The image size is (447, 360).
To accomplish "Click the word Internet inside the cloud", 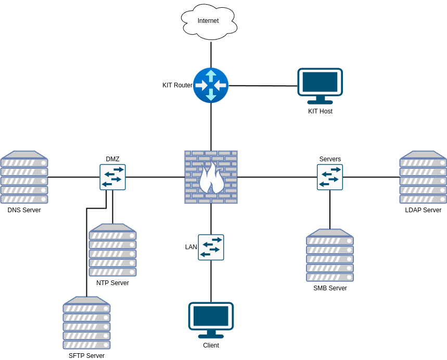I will tap(208, 21).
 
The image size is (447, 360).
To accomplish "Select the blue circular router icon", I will tap(211, 85).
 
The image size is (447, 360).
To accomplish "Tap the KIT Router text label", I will tap(177, 85).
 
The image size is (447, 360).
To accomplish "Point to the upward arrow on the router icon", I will tap(211, 75).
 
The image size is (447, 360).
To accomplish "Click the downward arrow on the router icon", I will tap(211, 95).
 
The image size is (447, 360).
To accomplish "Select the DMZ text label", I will tap(112, 159).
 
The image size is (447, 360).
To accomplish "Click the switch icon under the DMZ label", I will tap(112, 177).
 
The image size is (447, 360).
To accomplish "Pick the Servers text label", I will tap(330, 159).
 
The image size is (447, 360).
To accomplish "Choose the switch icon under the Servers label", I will tap(330, 177).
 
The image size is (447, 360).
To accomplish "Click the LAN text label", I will tap(191, 247).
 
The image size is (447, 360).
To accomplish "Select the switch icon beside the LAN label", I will tap(211, 247).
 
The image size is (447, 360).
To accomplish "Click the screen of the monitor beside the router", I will tap(320, 82).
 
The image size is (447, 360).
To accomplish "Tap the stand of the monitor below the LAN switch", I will tap(211, 334).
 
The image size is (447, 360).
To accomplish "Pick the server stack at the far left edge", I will tap(24, 177).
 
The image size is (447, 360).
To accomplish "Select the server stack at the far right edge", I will tap(423, 177).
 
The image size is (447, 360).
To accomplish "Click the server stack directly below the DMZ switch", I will tap(112, 250).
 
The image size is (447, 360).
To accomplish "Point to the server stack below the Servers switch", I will tap(330, 255).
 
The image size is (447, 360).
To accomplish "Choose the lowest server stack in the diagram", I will tap(86, 323).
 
